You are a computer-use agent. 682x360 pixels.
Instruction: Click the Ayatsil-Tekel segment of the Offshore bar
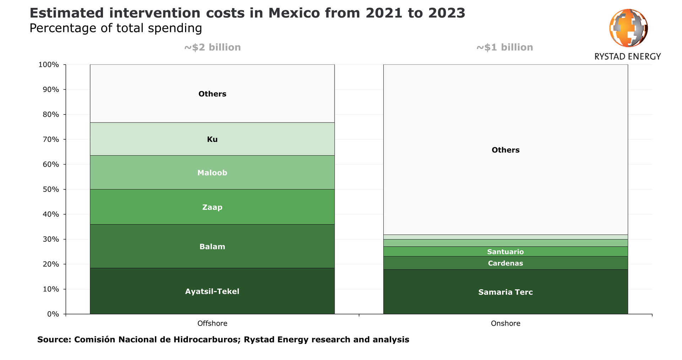click(212, 291)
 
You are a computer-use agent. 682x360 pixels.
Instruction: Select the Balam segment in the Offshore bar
click(212, 246)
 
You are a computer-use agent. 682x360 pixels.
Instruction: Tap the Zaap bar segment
click(212, 207)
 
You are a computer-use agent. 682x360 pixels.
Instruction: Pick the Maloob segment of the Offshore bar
click(212, 173)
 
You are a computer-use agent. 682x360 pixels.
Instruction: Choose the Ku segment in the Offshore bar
click(212, 139)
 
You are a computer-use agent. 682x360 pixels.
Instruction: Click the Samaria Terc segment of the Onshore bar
click(505, 292)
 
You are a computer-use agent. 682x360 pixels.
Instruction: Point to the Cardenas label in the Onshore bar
click(505, 263)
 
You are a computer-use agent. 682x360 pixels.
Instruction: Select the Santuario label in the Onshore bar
click(505, 252)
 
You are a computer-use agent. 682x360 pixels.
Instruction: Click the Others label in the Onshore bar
click(505, 150)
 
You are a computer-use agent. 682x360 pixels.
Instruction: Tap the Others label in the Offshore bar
click(212, 94)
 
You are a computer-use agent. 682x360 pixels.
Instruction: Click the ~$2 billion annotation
click(212, 47)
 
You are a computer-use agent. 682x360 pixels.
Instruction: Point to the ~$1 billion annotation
click(504, 47)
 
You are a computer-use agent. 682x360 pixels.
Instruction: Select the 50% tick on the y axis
click(51, 189)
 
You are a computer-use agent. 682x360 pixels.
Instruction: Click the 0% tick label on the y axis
click(53, 314)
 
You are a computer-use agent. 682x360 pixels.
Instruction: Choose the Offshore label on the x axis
click(212, 323)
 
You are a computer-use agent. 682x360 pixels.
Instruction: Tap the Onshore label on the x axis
click(505, 323)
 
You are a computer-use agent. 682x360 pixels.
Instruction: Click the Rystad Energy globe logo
click(628, 28)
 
